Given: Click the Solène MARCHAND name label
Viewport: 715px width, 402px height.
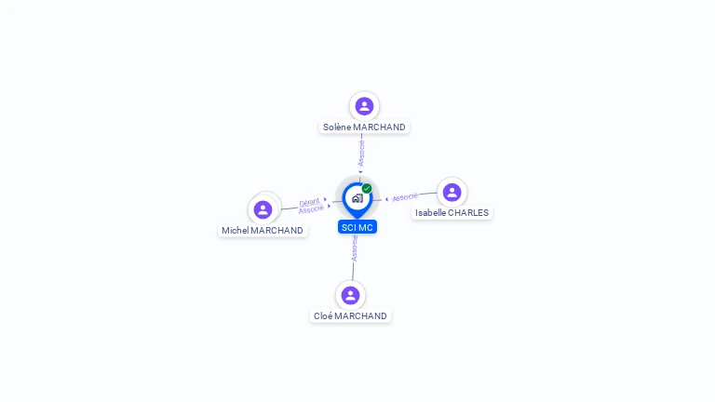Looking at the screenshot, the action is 364,127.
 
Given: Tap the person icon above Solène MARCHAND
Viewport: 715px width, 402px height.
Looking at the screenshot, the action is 364,106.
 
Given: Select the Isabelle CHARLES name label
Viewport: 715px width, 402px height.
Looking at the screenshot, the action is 452,213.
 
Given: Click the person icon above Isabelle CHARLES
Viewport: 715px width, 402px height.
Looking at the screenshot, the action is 452,193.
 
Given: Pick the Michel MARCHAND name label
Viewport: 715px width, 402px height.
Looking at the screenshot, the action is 263,231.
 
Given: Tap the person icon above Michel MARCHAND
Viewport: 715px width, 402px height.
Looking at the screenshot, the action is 263,209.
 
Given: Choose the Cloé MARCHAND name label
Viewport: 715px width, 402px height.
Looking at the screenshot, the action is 350,316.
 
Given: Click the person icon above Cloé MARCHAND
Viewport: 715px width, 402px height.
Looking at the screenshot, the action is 350,295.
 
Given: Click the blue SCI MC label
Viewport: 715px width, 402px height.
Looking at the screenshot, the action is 357,227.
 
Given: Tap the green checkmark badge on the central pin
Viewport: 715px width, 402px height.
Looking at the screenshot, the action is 367,188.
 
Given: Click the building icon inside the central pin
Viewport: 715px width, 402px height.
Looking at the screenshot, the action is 357,198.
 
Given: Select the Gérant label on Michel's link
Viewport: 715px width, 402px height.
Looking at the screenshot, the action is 309,202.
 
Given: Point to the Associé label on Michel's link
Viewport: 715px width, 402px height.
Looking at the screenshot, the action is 311,209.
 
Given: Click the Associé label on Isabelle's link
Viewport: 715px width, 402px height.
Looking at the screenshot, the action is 405,197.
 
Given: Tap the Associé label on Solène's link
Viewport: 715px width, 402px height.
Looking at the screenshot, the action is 361,154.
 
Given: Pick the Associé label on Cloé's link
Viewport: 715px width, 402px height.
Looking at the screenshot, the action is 355,248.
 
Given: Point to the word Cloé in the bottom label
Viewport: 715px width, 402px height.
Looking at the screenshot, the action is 323,316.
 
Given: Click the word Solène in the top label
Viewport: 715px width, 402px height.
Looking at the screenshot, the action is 337,127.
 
